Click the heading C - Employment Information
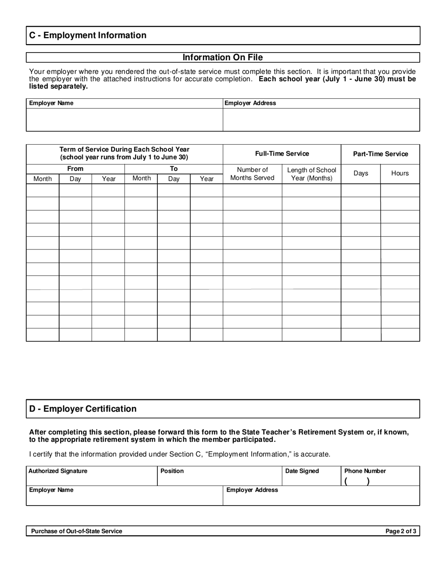(88, 35)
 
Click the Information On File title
(223, 57)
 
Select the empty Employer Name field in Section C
(124, 119)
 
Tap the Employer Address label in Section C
(250, 103)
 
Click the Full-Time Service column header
(282, 154)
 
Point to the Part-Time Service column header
(380, 154)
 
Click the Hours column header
(400, 173)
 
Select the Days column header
(361, 173)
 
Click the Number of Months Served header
(252, 173)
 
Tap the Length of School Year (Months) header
(311, 173)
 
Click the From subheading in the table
(75, 169)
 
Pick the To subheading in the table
(174, 169)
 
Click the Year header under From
(108, 179)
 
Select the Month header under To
(141, 178)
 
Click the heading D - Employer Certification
(83, 409)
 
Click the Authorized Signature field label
(58, 471)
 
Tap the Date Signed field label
(302, 471)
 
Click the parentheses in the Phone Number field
(357, 481)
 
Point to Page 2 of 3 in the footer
(400, 531)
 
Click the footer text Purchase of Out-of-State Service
(77, 531)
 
